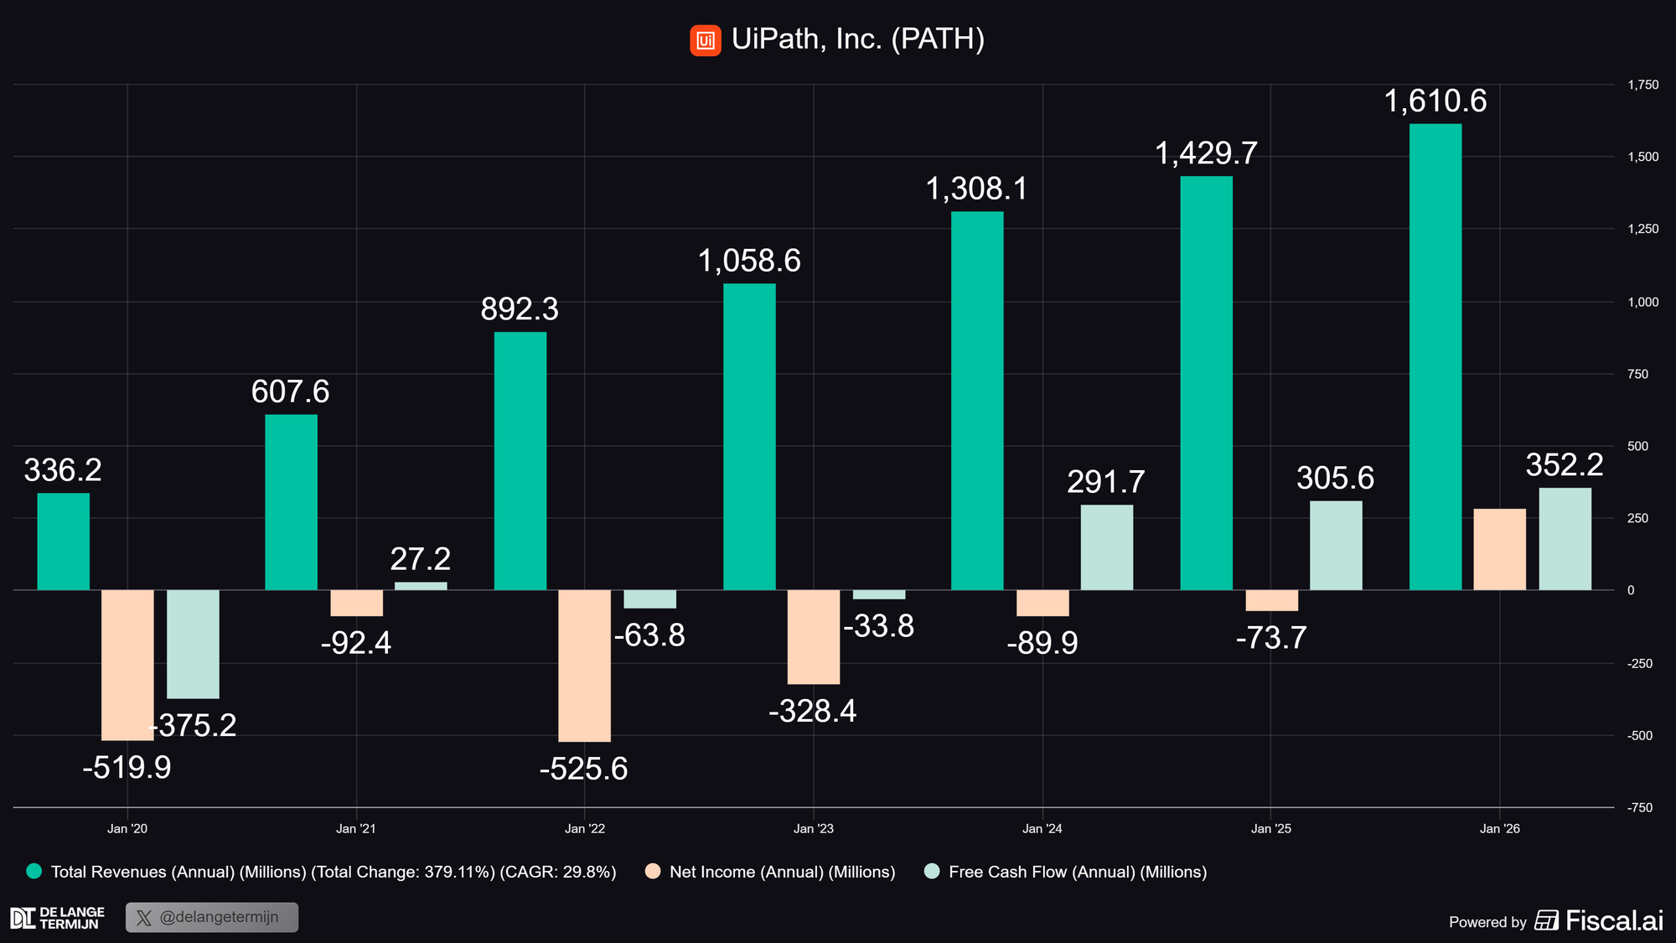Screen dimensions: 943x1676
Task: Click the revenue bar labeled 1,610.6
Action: pos(1435,356)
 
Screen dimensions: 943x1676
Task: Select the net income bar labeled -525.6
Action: pos(584,666)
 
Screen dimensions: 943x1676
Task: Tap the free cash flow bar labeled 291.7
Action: pos(1106,547)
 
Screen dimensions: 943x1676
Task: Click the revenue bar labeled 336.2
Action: pos(63,541)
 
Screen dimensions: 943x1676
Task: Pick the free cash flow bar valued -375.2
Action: pos(193,644)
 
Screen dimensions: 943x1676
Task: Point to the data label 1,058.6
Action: pos(749,262)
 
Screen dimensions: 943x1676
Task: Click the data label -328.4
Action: pos(812,712)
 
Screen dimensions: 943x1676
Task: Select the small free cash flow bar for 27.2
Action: pos(421,586)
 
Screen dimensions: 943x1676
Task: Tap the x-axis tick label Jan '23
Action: pos(813,829)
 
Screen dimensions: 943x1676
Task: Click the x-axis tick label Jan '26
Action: pos(1499,829)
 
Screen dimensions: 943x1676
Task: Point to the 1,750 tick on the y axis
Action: pos(1642,85)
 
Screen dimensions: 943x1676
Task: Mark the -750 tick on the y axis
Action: pos(1640,808)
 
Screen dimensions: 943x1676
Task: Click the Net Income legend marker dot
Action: pos(653,872)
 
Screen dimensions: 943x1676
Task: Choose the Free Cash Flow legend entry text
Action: pos(1077,872)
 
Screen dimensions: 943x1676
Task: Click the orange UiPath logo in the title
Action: pos(705,40)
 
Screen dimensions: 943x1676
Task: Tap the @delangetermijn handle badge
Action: pos(212,917)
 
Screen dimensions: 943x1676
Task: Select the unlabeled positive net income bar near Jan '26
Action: pos(1499,549)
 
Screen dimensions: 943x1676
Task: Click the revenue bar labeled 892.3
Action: pos(520,461)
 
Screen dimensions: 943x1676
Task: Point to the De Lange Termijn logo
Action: pos(57,918)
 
